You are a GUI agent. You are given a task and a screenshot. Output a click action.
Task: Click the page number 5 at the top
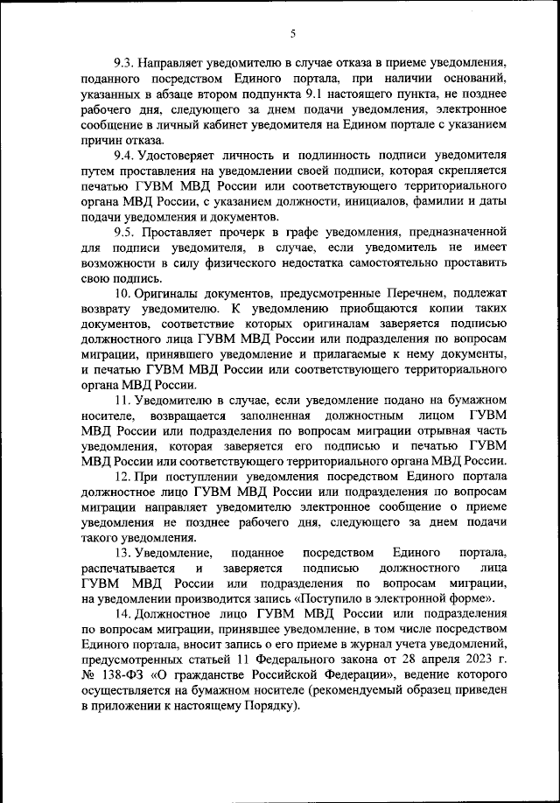[292, 33]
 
